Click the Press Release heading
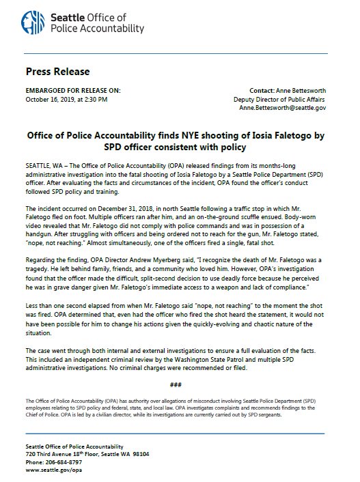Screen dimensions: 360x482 [x=57, y=71]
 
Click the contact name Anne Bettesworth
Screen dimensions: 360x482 [x=304, y=89]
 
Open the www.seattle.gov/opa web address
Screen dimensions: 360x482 [x=55, y=469]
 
